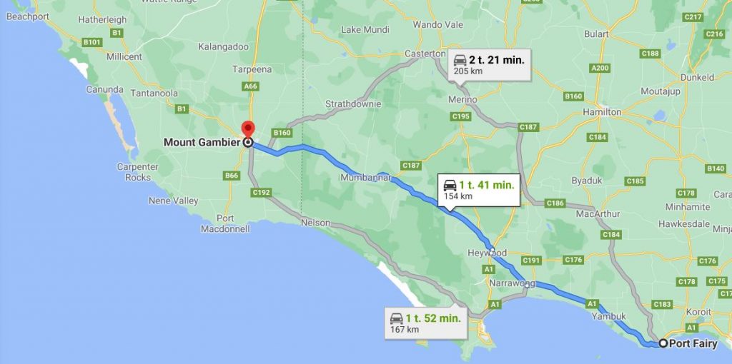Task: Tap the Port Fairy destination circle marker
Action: pos(663,343)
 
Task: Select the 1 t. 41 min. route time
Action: pos(487,185)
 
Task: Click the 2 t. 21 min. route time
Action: pos(497,60)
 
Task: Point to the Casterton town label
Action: pos(425,54)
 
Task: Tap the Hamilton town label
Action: pos(602,112)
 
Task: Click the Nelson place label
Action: pos(315,223)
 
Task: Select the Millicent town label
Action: pos(124,56)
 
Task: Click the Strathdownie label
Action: pos(353,103)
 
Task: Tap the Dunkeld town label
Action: pos(697,77)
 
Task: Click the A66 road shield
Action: pos(249,86)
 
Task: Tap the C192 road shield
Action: pos(261,192)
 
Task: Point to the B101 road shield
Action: pos(91,42)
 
